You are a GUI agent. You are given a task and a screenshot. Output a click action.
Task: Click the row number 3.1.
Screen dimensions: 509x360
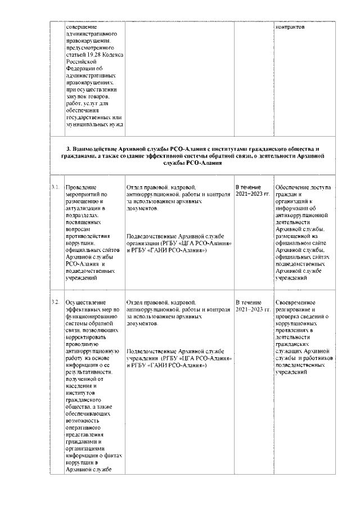click(55, 187)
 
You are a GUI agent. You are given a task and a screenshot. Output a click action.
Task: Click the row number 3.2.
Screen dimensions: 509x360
click(55, 303)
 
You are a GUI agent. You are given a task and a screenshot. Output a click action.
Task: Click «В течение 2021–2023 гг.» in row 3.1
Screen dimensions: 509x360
click(252, 190)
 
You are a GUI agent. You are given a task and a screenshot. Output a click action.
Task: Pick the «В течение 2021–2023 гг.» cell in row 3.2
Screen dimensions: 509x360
click(253, 306)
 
